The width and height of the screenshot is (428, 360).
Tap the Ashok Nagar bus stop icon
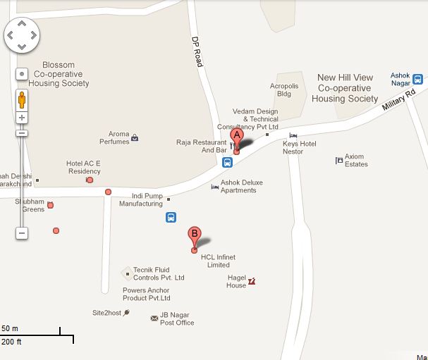pos(417,80)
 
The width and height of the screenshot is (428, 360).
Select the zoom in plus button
pos(22,118)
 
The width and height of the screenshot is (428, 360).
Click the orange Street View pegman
pos(22,99)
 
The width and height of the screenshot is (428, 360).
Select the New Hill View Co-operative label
pos(345,88)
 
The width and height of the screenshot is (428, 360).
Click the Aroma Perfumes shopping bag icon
pos(135,137)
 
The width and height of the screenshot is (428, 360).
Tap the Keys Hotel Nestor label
pos(299,148)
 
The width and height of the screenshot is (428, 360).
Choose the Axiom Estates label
pos(356,161)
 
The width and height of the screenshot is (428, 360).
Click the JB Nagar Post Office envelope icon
pos(154,318)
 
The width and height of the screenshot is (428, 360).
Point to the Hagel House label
pos(236,282)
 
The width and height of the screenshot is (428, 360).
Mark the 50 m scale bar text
pos(10,329)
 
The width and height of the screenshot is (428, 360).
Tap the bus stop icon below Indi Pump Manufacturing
pos(171,218)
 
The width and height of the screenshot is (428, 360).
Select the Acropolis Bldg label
pos(284,89)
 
